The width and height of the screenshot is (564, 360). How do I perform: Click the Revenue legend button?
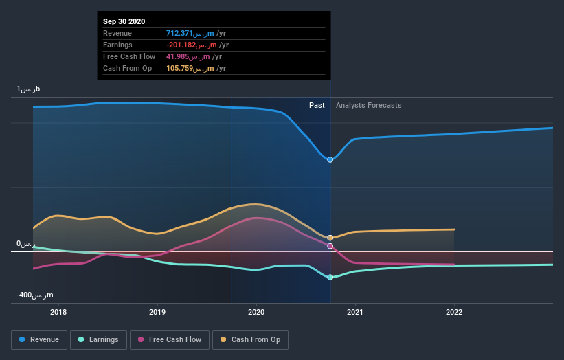pos(40,339)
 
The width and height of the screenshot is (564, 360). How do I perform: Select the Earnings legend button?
pos(99,339)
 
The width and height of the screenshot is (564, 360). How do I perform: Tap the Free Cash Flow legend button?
pos(170,339)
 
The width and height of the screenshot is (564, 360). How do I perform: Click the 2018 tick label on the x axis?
pos(59,311)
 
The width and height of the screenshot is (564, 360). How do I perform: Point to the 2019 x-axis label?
pos(157,311)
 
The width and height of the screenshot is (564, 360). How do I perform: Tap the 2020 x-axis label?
pos(256,311)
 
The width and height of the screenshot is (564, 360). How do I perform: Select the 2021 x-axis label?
pos(355,311)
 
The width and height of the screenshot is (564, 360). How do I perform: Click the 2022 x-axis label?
pos(454,311)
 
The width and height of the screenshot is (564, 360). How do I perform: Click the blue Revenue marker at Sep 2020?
pos(330,159)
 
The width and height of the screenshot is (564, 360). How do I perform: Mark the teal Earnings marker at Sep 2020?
pos(330,278)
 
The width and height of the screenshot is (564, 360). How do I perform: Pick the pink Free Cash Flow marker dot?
pos(330,246)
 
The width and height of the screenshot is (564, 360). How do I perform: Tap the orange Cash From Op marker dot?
pos(330,238)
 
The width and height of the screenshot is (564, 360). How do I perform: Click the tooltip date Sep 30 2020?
pos(124,22)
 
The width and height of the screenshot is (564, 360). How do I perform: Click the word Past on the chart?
pos(317,105)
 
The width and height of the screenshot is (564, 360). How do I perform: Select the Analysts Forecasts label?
pos(369,105)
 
